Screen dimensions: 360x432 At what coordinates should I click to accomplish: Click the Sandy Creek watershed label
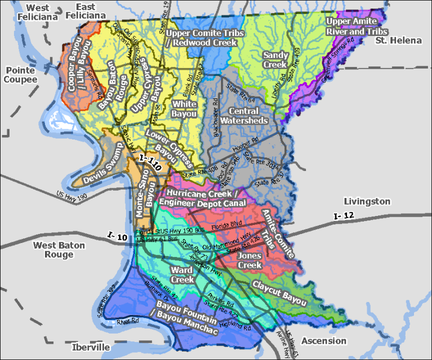click(276, 60)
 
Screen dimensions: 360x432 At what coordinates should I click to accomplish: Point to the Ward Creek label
click(182, 274)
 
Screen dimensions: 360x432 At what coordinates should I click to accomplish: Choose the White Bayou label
click(184, 109)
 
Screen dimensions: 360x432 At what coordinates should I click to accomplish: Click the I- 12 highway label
click(344, 216)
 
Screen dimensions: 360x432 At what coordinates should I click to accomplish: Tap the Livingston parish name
click(366, 201)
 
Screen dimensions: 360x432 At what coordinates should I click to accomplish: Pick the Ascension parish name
click(323, 341)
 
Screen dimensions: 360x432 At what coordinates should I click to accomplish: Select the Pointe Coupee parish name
click(21, 75)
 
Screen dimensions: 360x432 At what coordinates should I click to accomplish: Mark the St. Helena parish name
click(398, 40)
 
